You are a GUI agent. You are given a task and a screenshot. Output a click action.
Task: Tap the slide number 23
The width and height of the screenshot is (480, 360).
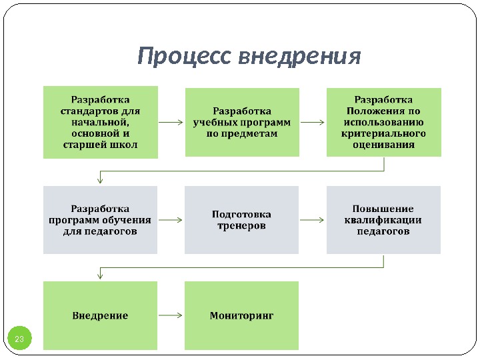pos(19,340)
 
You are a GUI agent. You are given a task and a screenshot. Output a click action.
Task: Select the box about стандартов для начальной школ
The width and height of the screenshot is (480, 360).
pos(100,122)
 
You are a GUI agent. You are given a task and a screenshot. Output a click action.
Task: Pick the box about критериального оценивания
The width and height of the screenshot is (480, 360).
pos(383,122)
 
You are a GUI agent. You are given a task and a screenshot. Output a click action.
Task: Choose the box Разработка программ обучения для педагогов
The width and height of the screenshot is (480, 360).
pos(100,220)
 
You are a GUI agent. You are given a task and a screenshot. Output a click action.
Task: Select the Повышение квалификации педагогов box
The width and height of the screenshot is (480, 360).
pos(383,220)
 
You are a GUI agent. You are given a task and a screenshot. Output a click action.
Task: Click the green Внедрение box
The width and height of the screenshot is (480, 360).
pos(100,315)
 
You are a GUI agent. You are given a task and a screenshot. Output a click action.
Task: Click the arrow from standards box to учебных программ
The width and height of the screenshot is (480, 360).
pos(171,123)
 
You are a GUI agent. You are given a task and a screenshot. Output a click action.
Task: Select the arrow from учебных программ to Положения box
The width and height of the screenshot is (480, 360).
pos(313,123)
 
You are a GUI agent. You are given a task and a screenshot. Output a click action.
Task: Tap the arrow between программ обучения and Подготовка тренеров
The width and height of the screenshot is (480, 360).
pos(171,219)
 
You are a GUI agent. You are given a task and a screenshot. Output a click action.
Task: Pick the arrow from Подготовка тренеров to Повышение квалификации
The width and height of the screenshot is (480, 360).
pos(313,219)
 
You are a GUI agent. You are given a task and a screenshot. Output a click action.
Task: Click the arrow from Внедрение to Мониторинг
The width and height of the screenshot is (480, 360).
pos(171,315)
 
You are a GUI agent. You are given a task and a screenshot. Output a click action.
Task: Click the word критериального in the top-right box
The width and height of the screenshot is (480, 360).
pos(383,133)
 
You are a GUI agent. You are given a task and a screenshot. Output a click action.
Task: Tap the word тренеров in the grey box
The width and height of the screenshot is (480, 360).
pos(241,226)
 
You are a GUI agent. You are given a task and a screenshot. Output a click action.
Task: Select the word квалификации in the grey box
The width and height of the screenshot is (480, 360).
pos(383,221)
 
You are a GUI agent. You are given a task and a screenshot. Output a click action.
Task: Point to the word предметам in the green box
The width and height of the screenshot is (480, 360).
pos(241,134)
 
